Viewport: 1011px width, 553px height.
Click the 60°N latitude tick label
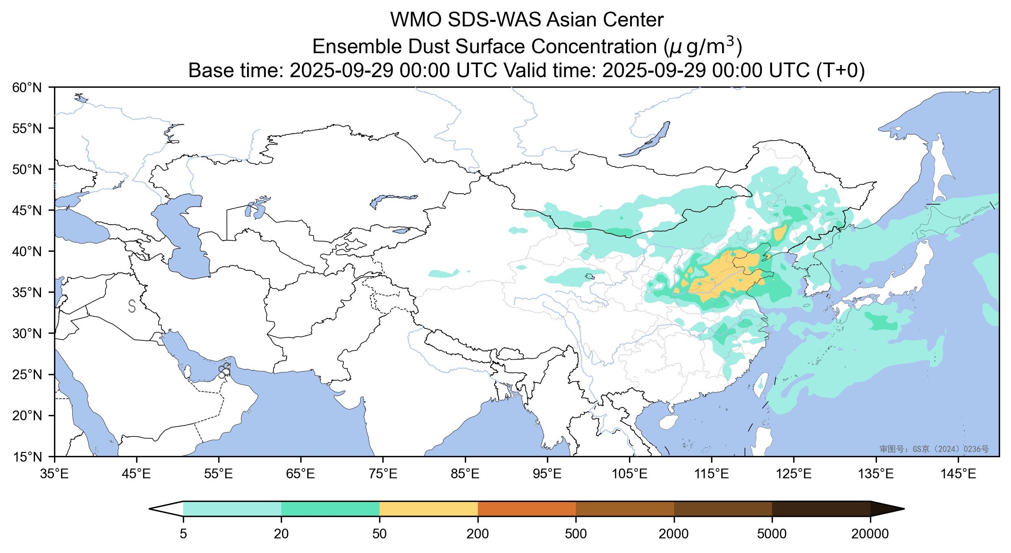[27, 87]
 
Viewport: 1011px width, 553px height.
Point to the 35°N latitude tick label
[27, 292]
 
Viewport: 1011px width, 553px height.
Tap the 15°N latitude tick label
[27, 457]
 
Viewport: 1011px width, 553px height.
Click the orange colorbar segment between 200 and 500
[527, 509]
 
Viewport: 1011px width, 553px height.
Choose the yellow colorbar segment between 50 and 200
[428, 509]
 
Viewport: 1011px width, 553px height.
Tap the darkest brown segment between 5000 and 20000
[821, 509]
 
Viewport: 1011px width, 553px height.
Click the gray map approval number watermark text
[934, 449]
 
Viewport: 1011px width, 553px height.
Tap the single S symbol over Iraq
[132, 306]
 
